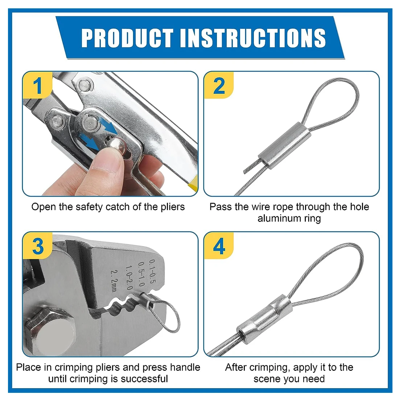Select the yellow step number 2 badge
pyautogui.click(x=219, y=85)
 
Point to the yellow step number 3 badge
pyautogui.click(x=37, y=246)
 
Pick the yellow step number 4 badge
pyautogui.click(x=219, y=246)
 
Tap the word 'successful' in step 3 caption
pyautogui.click(x=144, y=379)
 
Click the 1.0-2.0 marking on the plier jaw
pyautogui.click(x=129, y=278)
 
